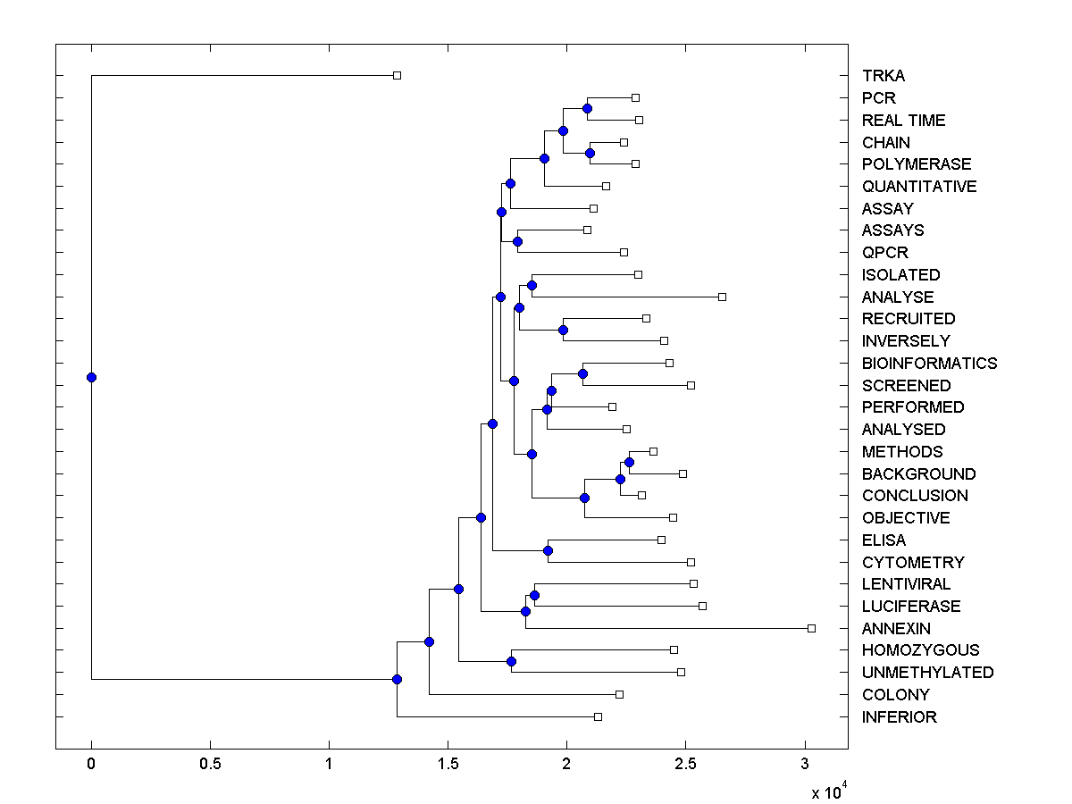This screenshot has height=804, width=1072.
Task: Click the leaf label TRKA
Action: [x=884, y=76]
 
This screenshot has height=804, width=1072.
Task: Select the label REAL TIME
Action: [x=903, y=121]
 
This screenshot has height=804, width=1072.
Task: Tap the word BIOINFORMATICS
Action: [x=929, y=364]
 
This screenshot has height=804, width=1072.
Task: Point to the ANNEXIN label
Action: [x=896, y=629]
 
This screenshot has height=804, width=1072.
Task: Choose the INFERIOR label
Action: [x=899, y=717]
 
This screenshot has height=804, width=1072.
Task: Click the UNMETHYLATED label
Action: [x=927, y=673]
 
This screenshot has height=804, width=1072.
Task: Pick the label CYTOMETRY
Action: [x=913, y=563]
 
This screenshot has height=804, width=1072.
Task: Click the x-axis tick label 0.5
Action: [x=210, y=764]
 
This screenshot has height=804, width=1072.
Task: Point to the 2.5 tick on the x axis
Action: [x=685, y=764]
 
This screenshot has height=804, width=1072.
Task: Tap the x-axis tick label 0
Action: [x=91, y=764]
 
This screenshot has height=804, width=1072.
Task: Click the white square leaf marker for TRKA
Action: [x=398, y=75]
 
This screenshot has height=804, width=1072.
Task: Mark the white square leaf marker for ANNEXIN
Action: [x=811, y=628]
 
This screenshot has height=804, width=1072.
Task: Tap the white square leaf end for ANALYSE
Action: [x=722, y=297]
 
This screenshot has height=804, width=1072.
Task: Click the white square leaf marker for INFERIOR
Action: [x=598, y=716]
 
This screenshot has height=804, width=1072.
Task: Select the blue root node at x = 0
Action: [x=91, y=377]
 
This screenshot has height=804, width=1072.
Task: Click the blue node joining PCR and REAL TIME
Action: [x=587, y=109]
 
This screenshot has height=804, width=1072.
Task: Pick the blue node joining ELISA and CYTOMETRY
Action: [x=548, y=550]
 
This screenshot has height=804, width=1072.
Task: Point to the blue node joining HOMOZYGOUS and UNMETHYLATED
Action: [x=511, y=661]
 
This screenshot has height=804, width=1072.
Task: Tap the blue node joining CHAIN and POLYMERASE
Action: [x=590, y=153]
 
